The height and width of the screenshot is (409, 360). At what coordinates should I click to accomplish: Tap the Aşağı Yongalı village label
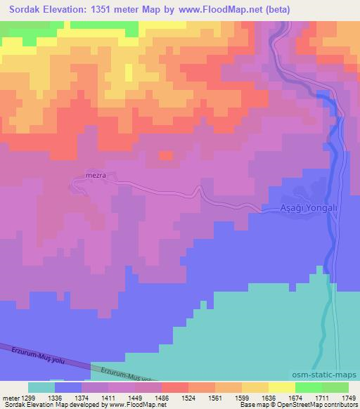pyautogui.click(x=304, y=209)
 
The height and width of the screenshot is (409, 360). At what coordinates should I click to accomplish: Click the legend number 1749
pyautogui.click(x=347, y=397)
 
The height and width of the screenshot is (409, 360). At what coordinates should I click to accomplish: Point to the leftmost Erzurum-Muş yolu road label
pyautogui.click(x=21, y=353)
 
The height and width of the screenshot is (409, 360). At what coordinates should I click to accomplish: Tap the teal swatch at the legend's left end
pyautogui.click(x=41, y=387)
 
